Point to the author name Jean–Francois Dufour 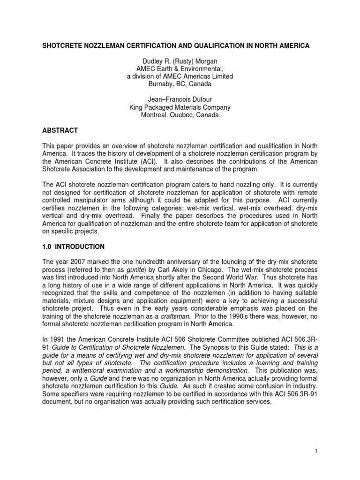click(x=180, y=99)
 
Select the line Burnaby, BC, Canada click(x=180, y=84)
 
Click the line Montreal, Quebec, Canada click(x=180, y=115)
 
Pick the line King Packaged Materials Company click(x=180, y=107)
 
